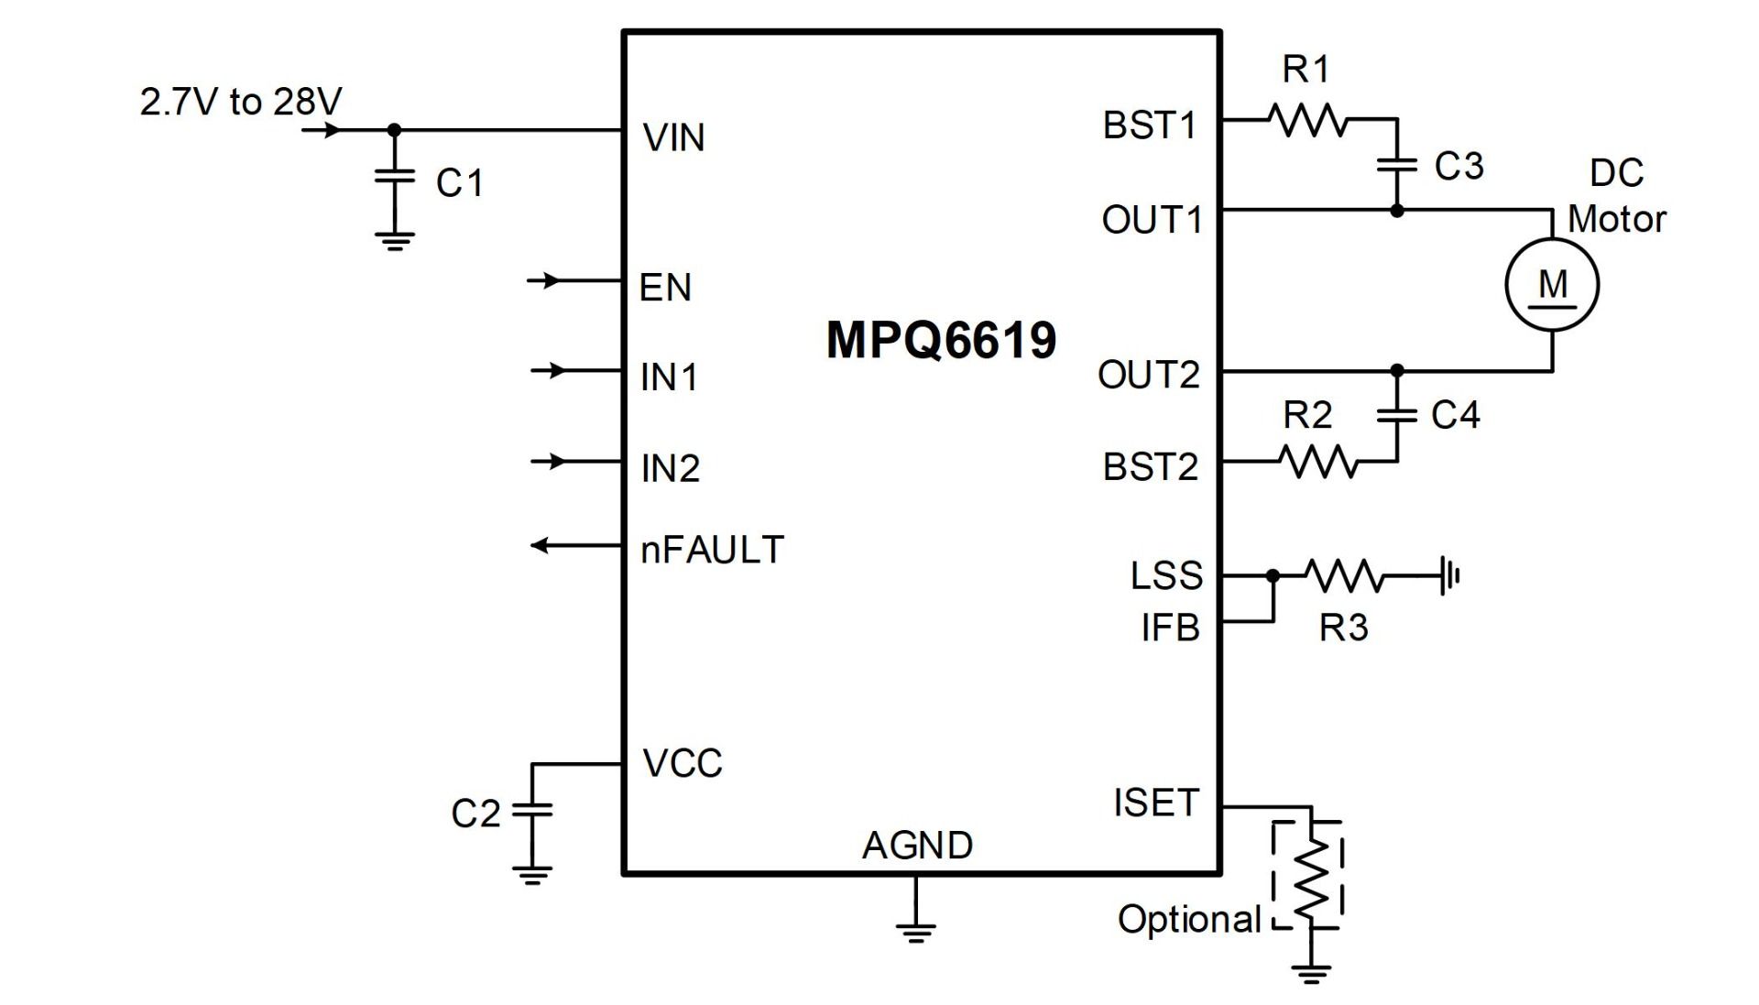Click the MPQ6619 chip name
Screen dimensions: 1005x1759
(x=941, y=340)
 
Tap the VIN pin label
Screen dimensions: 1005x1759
(x=673, y=138)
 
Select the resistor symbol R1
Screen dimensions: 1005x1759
(x=1308, y=120)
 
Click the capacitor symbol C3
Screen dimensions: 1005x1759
(x=1396, y=165)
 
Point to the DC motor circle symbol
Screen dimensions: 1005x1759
(x=1552, y=284)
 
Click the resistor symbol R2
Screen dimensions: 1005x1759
(x=1319, y=461)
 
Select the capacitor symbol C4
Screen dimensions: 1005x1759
(x=1396, y=415)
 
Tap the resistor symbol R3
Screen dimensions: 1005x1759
(x=1345, y=576)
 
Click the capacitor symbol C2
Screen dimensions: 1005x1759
(x=532, y=809)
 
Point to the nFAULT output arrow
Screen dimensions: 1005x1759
(x=542, y=546)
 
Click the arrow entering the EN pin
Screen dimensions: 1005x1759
(x=548, y=280)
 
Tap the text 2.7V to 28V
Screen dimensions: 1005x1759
(x=241, y=102)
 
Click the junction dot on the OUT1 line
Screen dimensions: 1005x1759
(x=1396, y=211)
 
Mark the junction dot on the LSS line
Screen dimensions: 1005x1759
(x=1273, y=576)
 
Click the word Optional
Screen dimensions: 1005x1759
(x=1189, y=919)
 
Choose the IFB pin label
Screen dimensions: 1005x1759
(x=1170, y=628)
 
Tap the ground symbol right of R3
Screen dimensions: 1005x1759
(x=1449, y=576)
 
